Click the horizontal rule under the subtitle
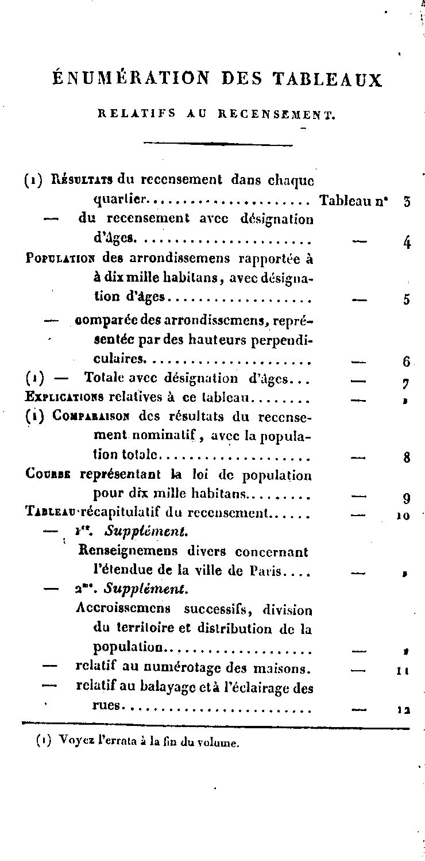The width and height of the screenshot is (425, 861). coord(218,144)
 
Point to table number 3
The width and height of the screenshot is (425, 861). coord(407,201)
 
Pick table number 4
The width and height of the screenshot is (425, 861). coord(407,242)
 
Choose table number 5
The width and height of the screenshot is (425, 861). coord(407,299)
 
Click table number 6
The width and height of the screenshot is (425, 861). coord(406,363)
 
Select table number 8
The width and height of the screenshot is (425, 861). coord(407,458)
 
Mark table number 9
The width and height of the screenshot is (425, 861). coord(407,498)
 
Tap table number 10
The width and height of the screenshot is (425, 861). coord(403,516)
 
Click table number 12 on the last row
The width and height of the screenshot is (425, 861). coord(403,710)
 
